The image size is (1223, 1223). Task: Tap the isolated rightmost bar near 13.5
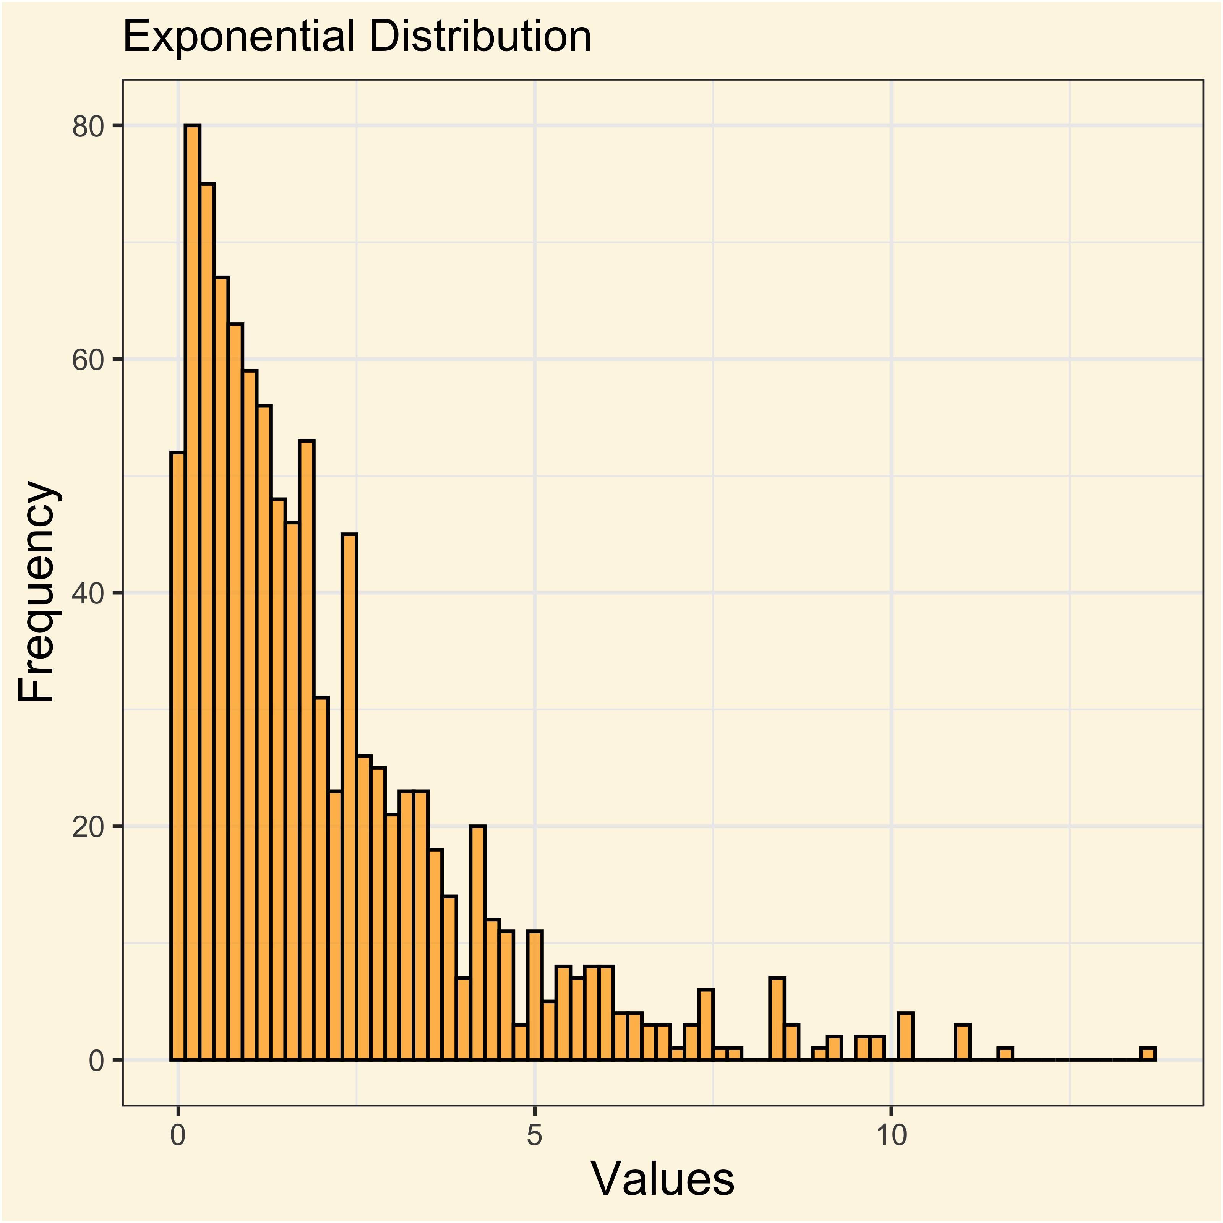tap(1148, 1053)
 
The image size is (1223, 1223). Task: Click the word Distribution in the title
tap(480, 37)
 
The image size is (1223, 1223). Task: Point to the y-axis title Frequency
tap(37, 592)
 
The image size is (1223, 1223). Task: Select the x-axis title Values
tap(662, 1179)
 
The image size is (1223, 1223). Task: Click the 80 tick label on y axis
tap(88, 127)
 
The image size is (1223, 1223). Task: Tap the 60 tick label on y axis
tap(88, 360)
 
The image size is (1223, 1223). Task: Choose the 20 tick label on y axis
tap(88, 827)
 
